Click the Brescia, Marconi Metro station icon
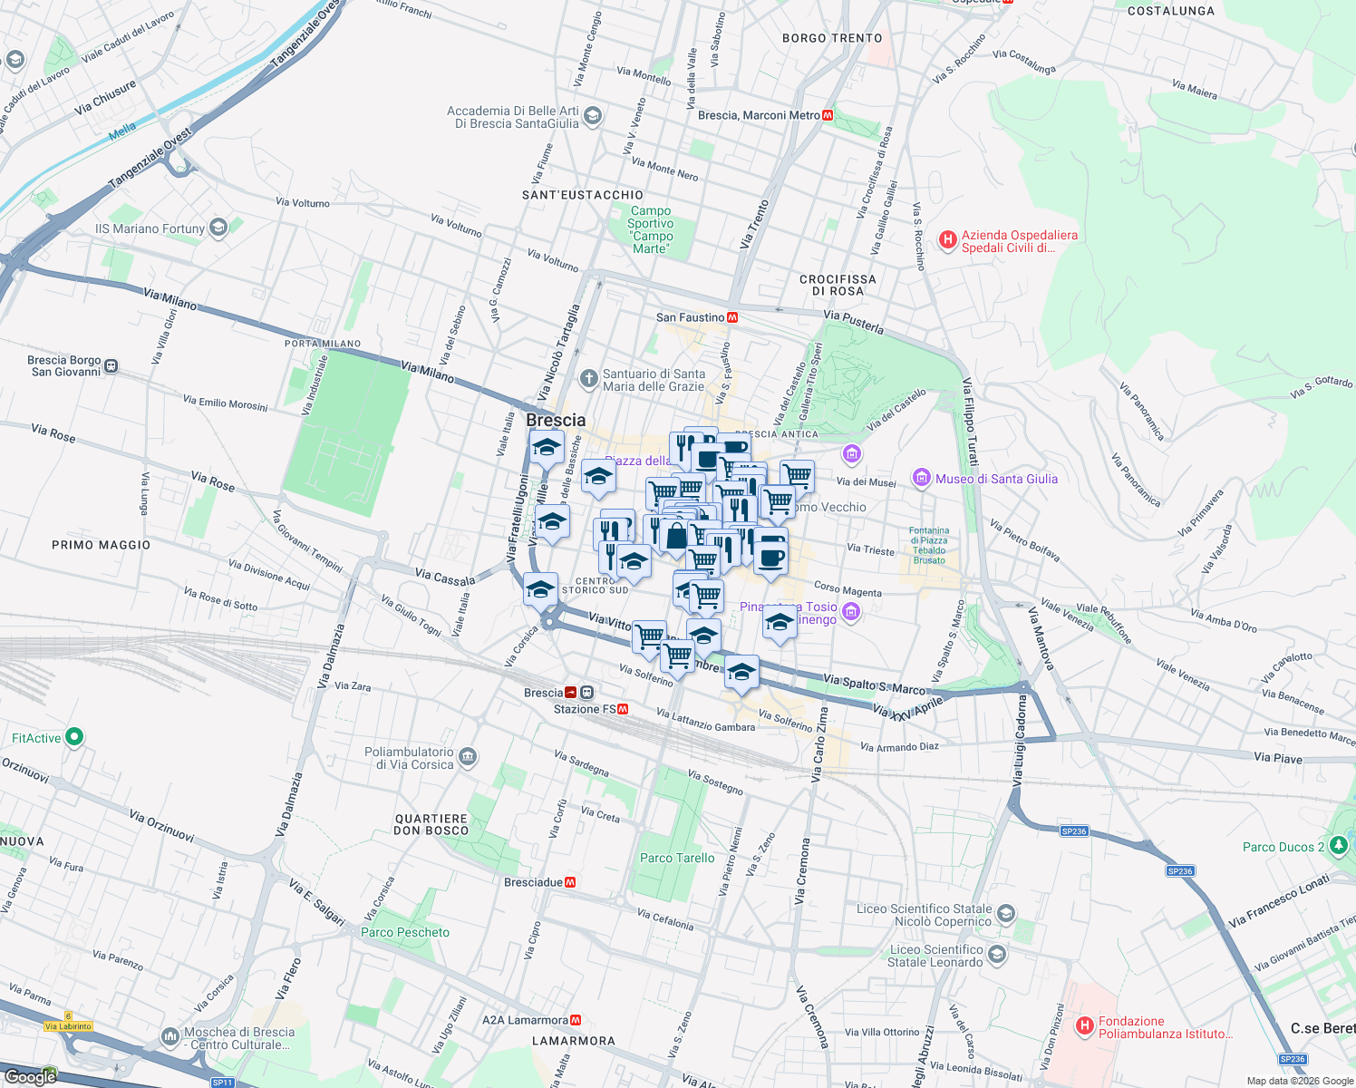(x=828, y=115)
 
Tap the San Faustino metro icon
(x=732, y=317)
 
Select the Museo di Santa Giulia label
(x=996, y=479)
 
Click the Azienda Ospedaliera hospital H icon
(x=947, y=240)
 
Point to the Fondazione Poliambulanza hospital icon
(x=1084, y=1026)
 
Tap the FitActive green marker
(x=74, y=738)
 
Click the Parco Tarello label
(x=677, y=858)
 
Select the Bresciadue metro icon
(x=570, y=882)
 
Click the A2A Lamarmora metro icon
(x=576, y=1020)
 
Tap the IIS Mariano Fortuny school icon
(x=218, y=228)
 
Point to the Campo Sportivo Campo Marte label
(x=651, y=229)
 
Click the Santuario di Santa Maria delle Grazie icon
(x=589, y=379)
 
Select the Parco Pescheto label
(x=405, y=932)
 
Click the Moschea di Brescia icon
(x=170, y=1036)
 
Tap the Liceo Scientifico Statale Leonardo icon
(x=997, y=955)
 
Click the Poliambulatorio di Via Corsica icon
(x=468, y=757)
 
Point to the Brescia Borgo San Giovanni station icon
(x=111, y=366)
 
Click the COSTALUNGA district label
(x=1170, y=11)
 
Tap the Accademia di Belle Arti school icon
(x=593, y=116)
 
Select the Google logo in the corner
(x=30, y=1076)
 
